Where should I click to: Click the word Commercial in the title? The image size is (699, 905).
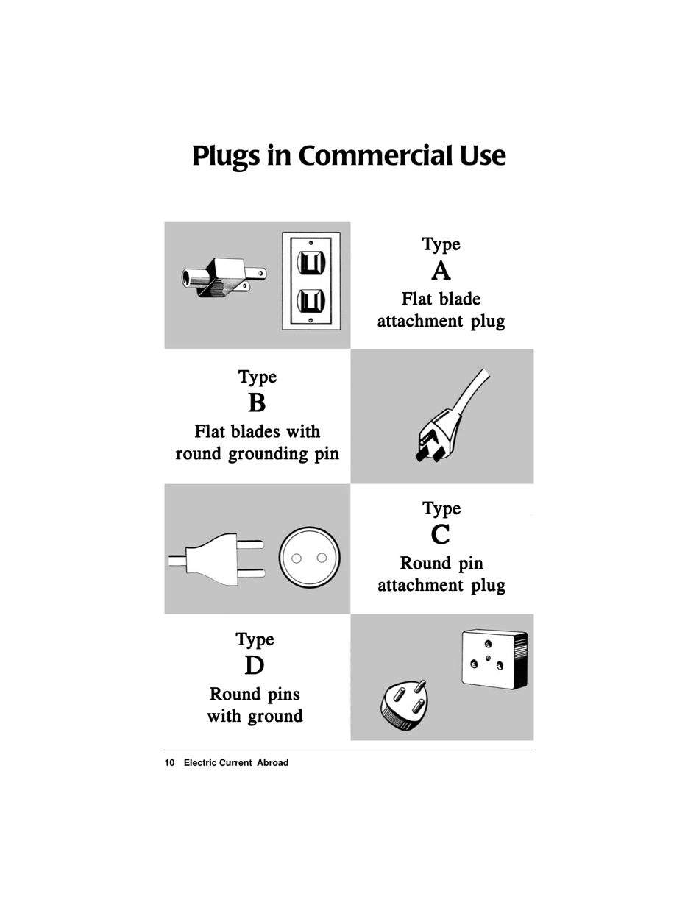376,156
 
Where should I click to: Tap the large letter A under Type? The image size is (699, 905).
441,271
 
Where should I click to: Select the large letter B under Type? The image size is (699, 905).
256,403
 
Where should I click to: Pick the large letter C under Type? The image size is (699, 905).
441,535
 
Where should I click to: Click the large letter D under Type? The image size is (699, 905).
255,666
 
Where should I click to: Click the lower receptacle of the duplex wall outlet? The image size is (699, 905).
311,300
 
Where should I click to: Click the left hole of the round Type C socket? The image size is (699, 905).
297,558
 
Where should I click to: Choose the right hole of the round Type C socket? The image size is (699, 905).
322,558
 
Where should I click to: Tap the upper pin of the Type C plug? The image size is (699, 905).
250,545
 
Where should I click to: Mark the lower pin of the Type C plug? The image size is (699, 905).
250,572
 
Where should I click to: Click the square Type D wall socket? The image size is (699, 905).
493,659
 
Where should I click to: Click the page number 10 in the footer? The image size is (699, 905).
169,763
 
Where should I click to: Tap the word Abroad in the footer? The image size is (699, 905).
272,763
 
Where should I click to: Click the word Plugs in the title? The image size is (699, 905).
226,156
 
